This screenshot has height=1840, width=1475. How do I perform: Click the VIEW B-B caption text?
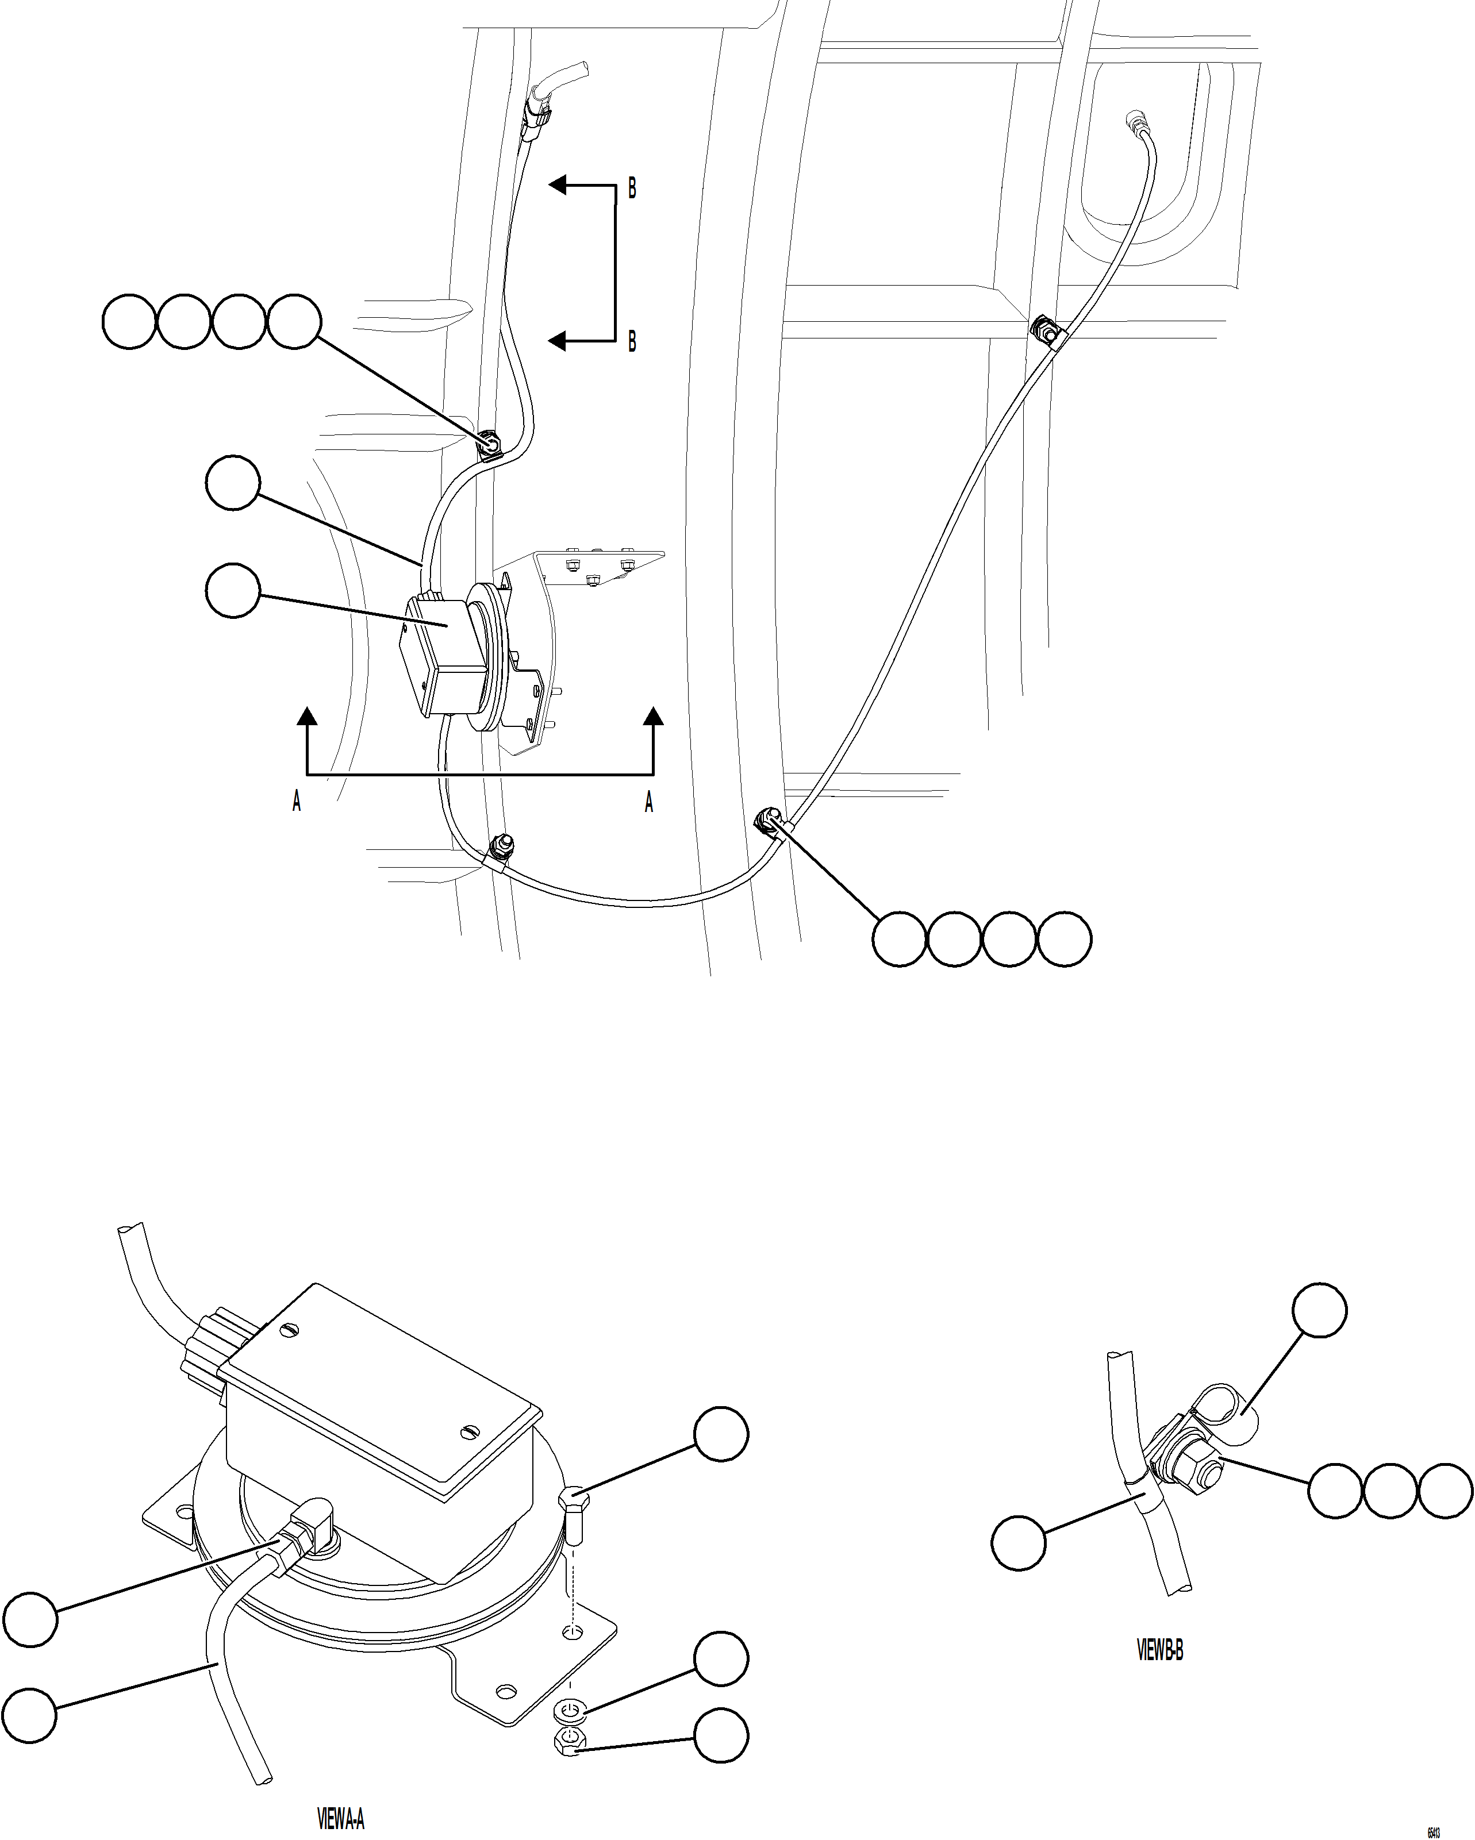1160,1650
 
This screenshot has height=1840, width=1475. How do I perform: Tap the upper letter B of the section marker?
632,188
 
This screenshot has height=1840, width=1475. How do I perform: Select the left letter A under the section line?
296,802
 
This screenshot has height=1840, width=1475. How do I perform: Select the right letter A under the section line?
649,802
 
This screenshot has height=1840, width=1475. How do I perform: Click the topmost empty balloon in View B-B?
1320,1311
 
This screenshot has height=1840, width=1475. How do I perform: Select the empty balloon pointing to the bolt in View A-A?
721,1435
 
